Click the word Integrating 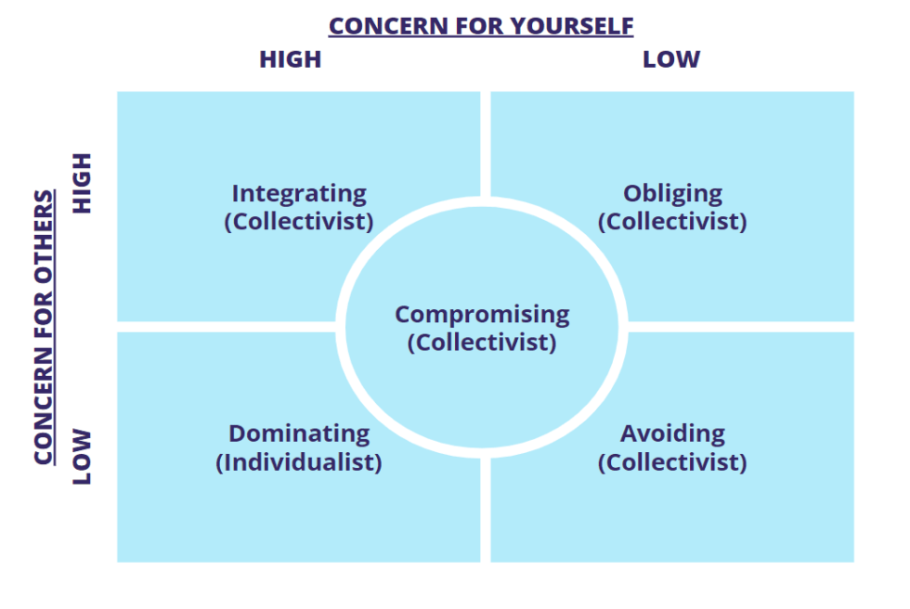tap(299, 194)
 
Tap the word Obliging tap(672, 194)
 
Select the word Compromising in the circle tap(482, 315)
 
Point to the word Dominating tap(299, 434)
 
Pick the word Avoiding tap(672, 434)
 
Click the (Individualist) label tap(299, 462)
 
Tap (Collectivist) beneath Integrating tap(299, 223)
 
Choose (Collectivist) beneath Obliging tap(672, 223)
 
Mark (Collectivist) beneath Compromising tap(482, 343)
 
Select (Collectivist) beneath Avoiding tap(672, 462)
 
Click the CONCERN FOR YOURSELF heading tap(481, 26)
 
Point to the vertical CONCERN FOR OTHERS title tap(44, 328)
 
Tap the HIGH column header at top tap(290, 59)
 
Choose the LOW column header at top tap(671, 59)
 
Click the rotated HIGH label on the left tap(84, 183)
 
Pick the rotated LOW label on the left tap(84, 456)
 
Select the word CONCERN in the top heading tap(378, 26)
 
